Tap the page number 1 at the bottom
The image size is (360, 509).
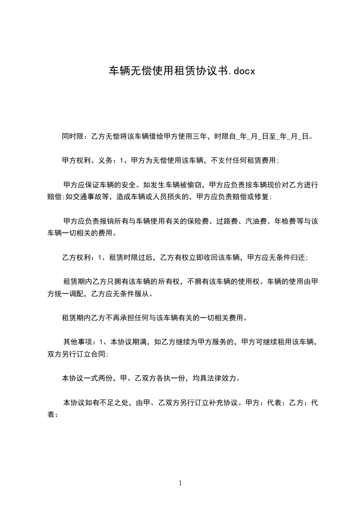click(180, 483)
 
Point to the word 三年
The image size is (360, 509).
click(201, 136)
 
